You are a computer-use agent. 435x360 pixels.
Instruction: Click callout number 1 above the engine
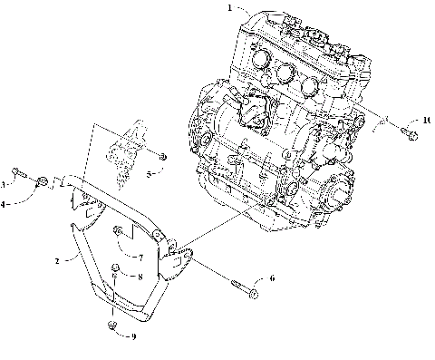pyautogui.click(x=230, y=8)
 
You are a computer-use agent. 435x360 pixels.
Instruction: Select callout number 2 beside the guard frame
pyautogui.click(x=58, y=260)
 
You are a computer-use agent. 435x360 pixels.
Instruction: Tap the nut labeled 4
pyautogui.click(x=43, y=187)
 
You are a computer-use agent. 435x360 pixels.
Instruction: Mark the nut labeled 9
pyautogui.click(x=111, y=324)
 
